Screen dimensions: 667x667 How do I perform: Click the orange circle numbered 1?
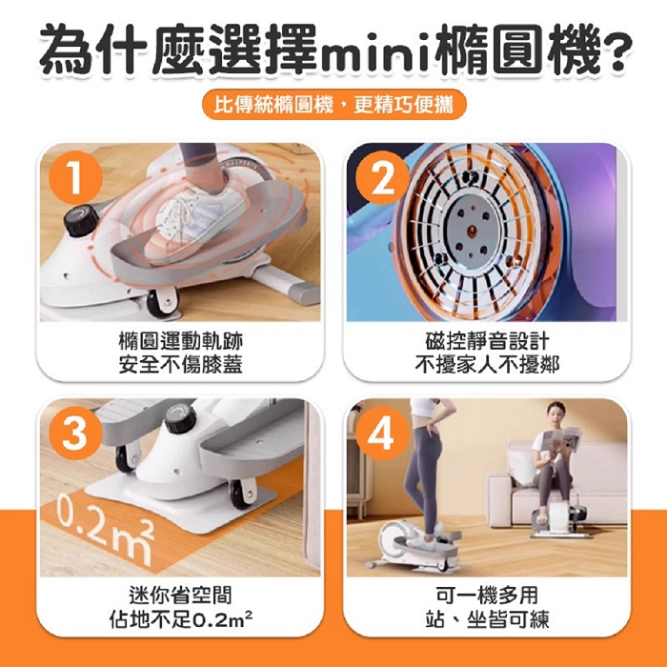[x=76, y=177]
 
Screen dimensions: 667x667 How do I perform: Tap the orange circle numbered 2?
[x=382, y=177]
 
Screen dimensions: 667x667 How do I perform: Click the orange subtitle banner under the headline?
[x=333, y=104]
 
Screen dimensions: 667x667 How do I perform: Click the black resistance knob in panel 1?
[x=81, y=220]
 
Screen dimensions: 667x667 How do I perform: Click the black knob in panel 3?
[x=180, y=417]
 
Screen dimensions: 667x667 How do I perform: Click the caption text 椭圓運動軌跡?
[x=180, y=341]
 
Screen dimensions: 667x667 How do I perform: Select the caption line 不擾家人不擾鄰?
[x=487, y=365]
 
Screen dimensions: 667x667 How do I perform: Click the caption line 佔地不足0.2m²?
[x=180, y=619]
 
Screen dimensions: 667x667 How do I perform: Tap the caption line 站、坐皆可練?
[x=487, y=619]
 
